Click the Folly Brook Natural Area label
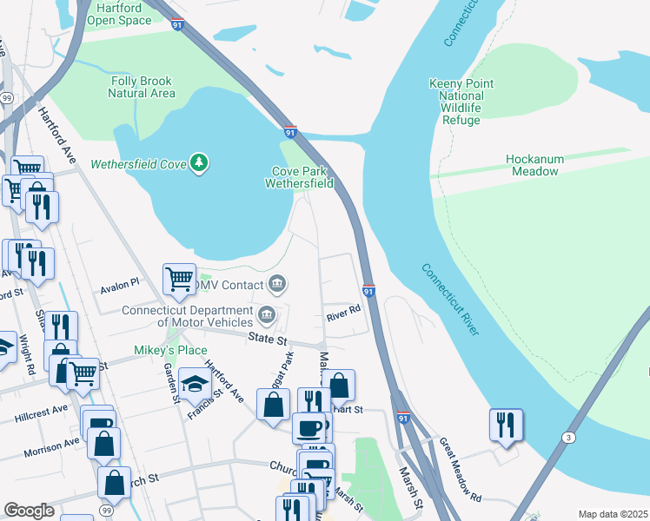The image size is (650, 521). pos(143,87)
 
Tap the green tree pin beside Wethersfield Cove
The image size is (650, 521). pos(201,162)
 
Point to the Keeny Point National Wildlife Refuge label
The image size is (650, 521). pos(461,102)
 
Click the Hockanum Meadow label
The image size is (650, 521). pos(534,165)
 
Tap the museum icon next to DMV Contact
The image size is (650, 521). pos(277,283)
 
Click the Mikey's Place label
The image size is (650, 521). pos(158,350)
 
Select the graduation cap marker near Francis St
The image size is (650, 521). pos(196,382)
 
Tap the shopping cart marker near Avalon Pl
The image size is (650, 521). pos(179,280)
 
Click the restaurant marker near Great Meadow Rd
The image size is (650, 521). pos(506,425)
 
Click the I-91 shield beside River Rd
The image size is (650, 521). pos(368,291)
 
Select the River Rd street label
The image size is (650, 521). pos(342,318)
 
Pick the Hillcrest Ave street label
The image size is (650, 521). pos(41,413)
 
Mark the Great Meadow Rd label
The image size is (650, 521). pos(460,470)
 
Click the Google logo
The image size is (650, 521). pos(29,511)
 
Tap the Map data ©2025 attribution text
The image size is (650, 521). pos(613,514)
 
